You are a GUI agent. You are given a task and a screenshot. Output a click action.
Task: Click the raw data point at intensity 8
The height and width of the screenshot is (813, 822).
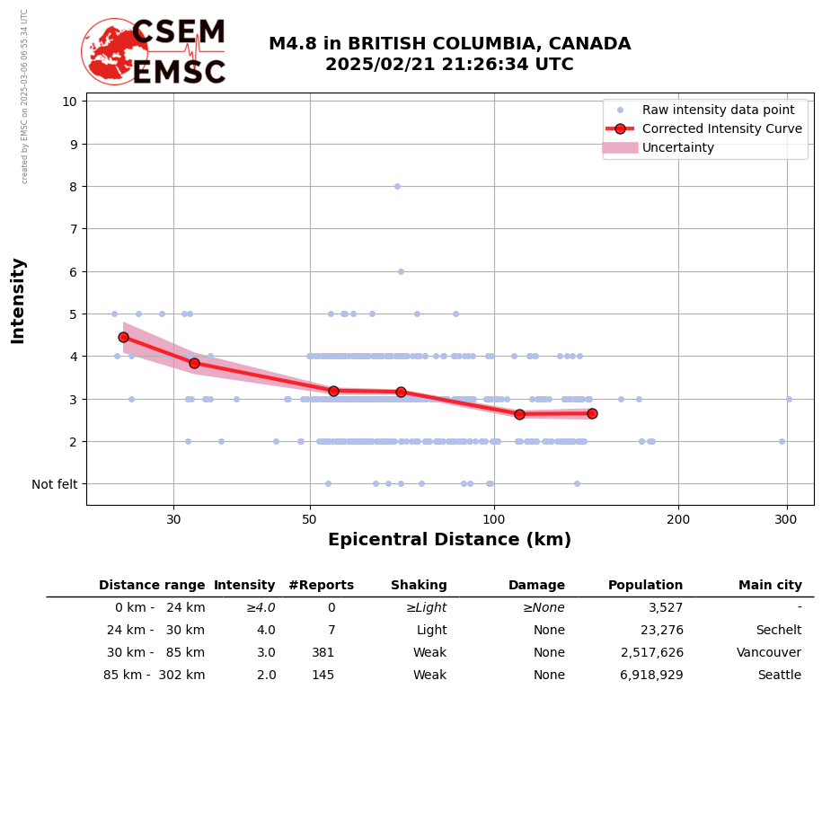click(x=397, y=186)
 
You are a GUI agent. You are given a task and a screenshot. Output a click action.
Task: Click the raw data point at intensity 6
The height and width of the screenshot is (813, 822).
click(x=401, y=271)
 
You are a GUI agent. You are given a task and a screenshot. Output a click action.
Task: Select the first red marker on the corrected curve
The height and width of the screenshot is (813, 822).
click(x=123, y=337)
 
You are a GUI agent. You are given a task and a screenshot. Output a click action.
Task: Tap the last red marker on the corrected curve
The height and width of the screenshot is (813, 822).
click(x=592, y=413)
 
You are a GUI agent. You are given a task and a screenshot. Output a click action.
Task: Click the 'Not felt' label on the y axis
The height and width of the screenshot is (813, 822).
click(x=55, y=484)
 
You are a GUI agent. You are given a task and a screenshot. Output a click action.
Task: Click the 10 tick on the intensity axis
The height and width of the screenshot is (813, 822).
click(x=69, y=101)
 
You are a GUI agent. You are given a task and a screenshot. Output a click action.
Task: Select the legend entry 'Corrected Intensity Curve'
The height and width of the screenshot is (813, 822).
click(x=721, y=128)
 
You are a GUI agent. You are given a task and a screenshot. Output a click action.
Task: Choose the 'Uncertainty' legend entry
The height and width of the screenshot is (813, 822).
click(x=677, y=147)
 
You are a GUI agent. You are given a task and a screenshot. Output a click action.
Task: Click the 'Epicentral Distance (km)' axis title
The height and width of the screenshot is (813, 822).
click(x=449, y=540)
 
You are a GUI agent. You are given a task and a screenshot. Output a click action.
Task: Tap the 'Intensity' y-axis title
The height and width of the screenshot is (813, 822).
click(x=18, y=300)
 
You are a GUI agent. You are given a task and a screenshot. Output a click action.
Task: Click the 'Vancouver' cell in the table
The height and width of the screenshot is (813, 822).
click(x=768, y=653)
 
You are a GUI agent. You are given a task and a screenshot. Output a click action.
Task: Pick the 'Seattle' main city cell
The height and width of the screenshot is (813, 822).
click(x=779, y=676)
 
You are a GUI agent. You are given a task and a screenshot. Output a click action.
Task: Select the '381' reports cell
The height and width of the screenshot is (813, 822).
click(x=323, y=653)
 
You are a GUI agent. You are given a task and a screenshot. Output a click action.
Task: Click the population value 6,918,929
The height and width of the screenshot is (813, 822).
click(x=651, y=676)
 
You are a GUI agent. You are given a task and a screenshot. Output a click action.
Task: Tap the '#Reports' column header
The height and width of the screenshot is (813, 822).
click(x=321, y=586)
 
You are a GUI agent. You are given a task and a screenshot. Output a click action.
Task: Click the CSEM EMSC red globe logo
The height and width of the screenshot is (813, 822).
click(x=114, y=51)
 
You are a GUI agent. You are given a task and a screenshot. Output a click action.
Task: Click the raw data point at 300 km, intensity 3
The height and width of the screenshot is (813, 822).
click(x=789, y=399)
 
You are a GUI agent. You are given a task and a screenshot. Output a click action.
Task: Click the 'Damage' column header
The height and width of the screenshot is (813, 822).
click(x=536, y=586)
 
